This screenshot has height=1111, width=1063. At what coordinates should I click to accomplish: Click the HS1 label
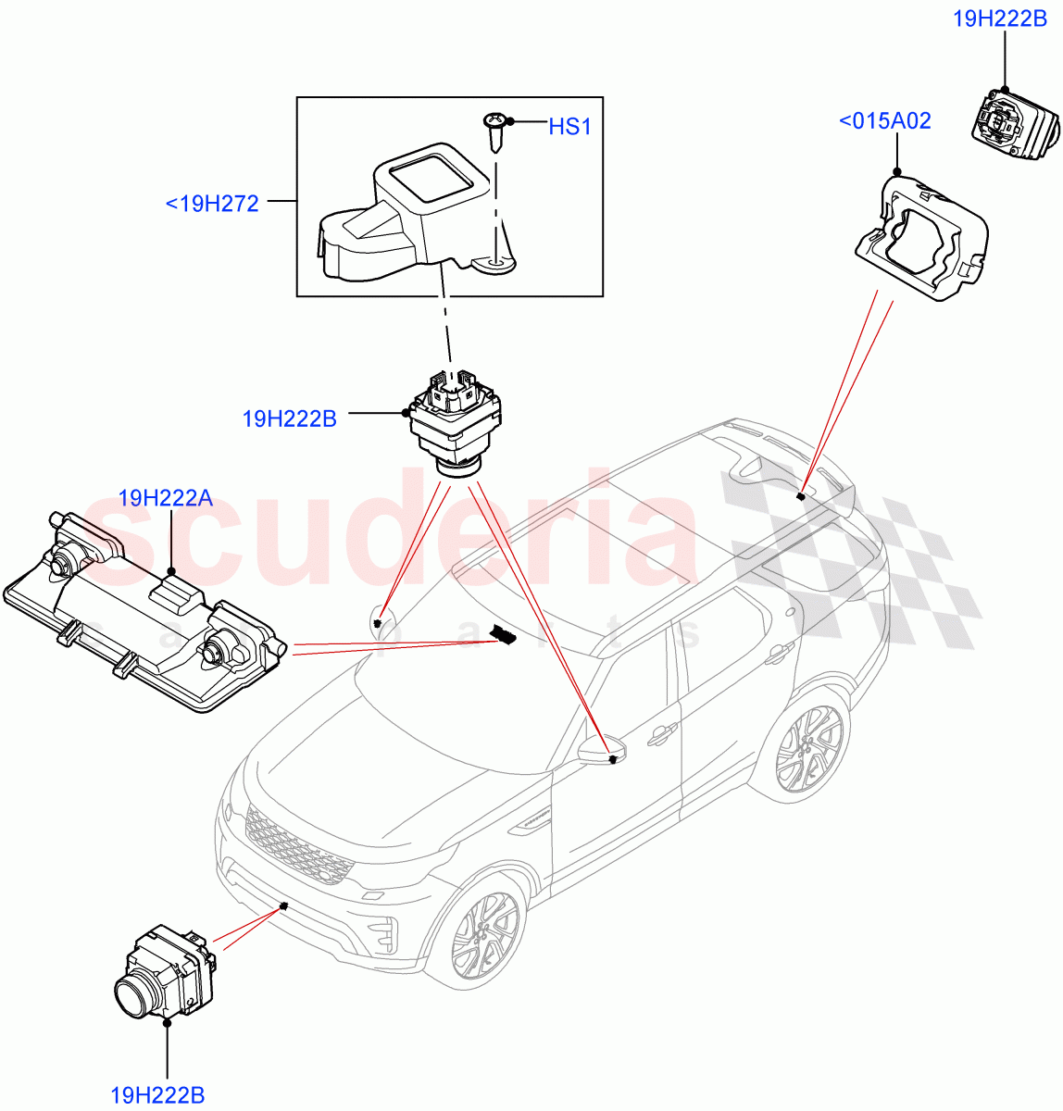(x=569, y=127)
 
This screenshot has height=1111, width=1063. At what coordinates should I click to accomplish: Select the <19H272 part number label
(x=212, y=202)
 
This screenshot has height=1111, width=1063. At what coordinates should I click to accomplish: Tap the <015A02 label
(x=884, y=121)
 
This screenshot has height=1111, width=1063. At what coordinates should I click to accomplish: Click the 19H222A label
(x=166, y=499)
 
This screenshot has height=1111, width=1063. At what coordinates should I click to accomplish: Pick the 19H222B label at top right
(x=1000, y=19)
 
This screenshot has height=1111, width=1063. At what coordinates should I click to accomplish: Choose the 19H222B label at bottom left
(x=157, y=1096)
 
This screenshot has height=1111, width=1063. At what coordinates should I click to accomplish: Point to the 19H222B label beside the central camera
(x=289, y=418)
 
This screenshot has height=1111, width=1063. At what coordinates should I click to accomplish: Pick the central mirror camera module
(x=455, y=421)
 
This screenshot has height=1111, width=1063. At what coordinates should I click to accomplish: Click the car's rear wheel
(x=809, y=747)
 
